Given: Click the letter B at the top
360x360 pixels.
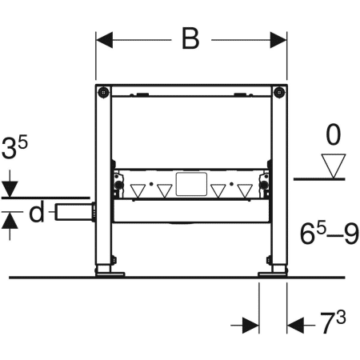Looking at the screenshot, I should coord(190,37).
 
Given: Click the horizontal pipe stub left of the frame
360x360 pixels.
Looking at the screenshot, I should coord(74,213).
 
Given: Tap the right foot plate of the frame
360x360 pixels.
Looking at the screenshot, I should coord(274,273).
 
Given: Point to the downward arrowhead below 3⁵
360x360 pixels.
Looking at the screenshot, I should coord(9,190).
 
